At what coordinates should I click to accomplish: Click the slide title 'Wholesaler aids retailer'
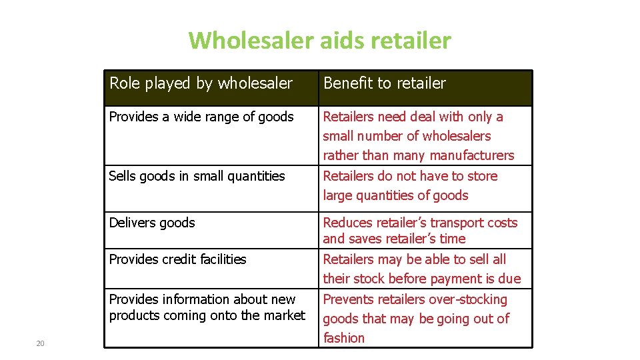tap(319, 41)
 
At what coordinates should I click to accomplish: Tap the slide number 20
tap(40, 343)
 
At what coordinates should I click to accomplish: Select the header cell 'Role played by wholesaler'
tap(201, 83)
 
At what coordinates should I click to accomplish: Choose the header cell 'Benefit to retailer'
tap(384, 83)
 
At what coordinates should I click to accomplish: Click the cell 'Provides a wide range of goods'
tap(201, 117)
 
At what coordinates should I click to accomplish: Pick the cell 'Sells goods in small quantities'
tap(197, 176)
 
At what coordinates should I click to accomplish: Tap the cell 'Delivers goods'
tap(152, 223)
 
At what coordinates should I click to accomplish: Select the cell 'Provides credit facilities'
tap(177, 259)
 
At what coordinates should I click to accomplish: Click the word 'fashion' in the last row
tap(344, 338)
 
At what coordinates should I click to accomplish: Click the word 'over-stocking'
tap(467, 299)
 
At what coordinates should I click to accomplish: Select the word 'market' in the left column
tap(284, 315)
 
